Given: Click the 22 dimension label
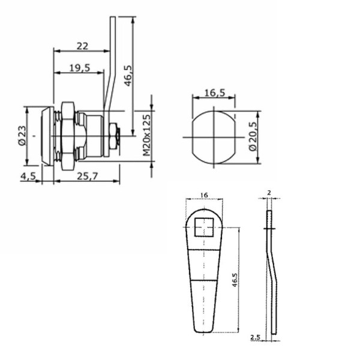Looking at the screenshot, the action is point(82,46).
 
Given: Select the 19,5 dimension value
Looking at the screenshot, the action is point(80,68).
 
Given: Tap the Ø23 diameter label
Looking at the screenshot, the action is point(22,136).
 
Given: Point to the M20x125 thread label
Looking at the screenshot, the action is point(146,135).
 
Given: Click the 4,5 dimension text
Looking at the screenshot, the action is point(28,176).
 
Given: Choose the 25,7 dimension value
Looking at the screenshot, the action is point(87,176).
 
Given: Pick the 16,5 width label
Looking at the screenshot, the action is point(215,93).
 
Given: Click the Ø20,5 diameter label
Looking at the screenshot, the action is point(253,136).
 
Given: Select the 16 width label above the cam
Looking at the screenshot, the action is point(204,195).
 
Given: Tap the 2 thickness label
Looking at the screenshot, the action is point(269,193).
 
